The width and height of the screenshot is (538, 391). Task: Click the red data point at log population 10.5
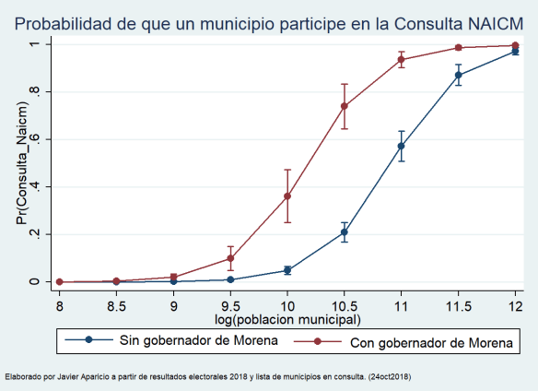coord(345,106)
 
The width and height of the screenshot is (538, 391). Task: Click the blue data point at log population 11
coord(402,146)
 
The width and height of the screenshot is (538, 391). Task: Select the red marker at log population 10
coord(287,196)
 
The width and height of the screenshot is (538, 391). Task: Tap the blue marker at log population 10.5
coord(345,232)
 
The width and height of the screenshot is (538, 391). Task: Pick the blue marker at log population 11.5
coord(458,76)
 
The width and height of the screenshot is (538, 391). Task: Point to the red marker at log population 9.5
coord(230,259)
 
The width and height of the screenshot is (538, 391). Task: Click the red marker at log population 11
coord(402,59)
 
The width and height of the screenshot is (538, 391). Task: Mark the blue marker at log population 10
coord(287,270)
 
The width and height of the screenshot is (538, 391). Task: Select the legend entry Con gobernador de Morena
coord(427,341)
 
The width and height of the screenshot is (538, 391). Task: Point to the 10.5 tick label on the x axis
coord(345,304)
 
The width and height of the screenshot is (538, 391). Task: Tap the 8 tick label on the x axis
coord(60,304)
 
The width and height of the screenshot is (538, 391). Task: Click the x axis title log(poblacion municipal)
coord(287,319)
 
